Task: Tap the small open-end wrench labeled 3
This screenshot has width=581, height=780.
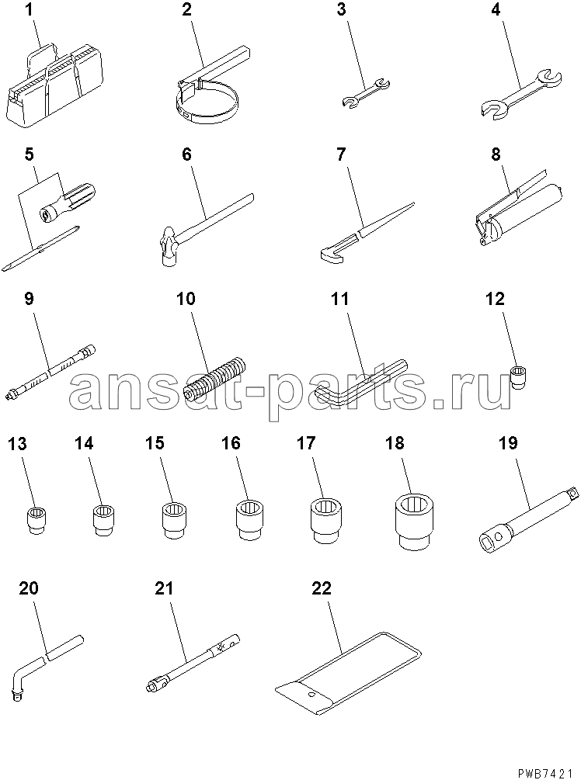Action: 367,92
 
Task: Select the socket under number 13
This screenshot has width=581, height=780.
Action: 36,520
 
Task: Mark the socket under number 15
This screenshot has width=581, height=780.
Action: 174,520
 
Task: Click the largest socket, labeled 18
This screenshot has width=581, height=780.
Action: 413,521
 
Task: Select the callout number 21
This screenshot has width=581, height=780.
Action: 164,588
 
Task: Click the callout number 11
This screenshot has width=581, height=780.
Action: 340,299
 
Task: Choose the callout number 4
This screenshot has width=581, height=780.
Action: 496,9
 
